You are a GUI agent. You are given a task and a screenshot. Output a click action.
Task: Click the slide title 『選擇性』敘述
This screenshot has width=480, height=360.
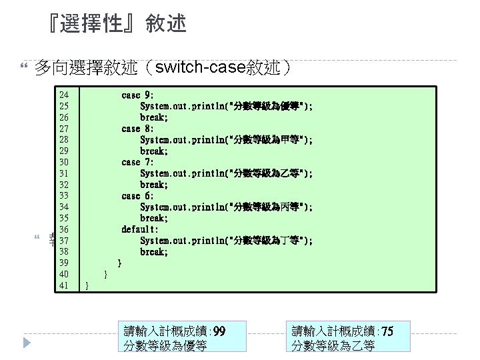tap(113, 25)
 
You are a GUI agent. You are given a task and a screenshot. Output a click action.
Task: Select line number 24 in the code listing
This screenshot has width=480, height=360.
tap(65, 95)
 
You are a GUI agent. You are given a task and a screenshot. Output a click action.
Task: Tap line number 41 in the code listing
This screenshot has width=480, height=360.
tap(65, 286)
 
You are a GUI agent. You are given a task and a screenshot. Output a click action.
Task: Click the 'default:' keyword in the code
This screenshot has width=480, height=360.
tap(140, 229)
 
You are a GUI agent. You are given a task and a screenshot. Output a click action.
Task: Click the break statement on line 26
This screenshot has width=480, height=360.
tap(153, 117)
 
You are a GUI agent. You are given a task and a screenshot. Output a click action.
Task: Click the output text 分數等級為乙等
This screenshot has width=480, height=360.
tap(333, 345)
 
